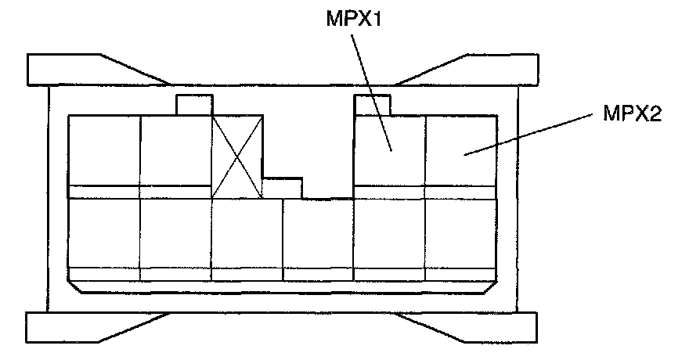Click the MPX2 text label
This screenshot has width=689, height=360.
pos(633,115)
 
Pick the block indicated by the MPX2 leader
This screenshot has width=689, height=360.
pos(460,150)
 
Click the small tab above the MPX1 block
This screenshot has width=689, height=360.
pos(373,104)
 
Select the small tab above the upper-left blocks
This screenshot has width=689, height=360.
pos(194,105)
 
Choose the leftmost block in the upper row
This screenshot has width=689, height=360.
pos(104,150)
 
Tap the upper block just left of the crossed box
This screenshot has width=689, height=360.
pos(175,150)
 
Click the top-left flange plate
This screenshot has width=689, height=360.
pos(78,69)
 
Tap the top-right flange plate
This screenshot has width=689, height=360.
pos(485,69)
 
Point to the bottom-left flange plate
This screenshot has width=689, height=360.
pos(78,326)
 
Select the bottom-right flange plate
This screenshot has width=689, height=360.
pos(485,326)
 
